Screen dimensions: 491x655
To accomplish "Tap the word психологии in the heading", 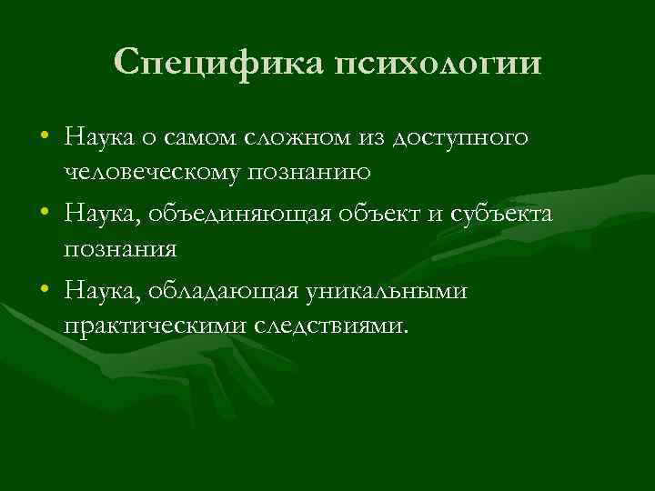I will (x=438, y=64).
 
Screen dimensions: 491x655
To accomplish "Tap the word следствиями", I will (x=333, y=324).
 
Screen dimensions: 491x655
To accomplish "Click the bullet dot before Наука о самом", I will (x=45, y=138).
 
